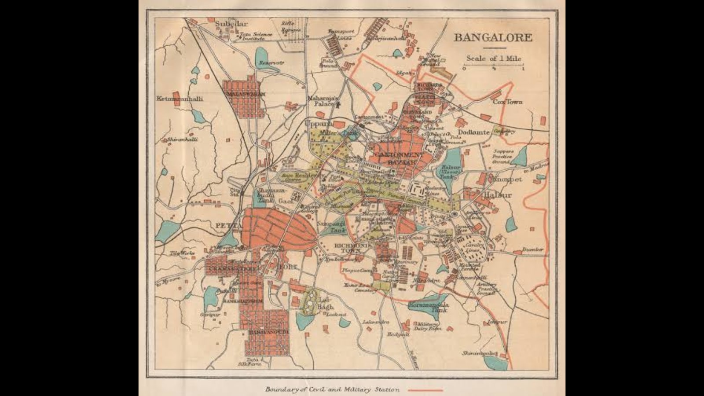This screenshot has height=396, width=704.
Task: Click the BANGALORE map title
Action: point(493,37)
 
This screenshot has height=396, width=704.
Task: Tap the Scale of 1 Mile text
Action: point(494,58)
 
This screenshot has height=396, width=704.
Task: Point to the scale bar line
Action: point(494,66)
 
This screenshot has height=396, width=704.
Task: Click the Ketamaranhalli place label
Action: point(180,99)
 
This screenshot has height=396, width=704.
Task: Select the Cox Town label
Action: point(507,102)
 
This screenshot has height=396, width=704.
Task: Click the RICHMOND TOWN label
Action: point(352,248)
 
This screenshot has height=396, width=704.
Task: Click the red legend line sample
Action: point(425,390)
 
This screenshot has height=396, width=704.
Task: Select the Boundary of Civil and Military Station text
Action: point(333,390)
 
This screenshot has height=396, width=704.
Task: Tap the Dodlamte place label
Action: point(474,132)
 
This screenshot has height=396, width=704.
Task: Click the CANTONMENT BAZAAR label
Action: point(397,158)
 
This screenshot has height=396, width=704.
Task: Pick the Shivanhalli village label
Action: point(182,139)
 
